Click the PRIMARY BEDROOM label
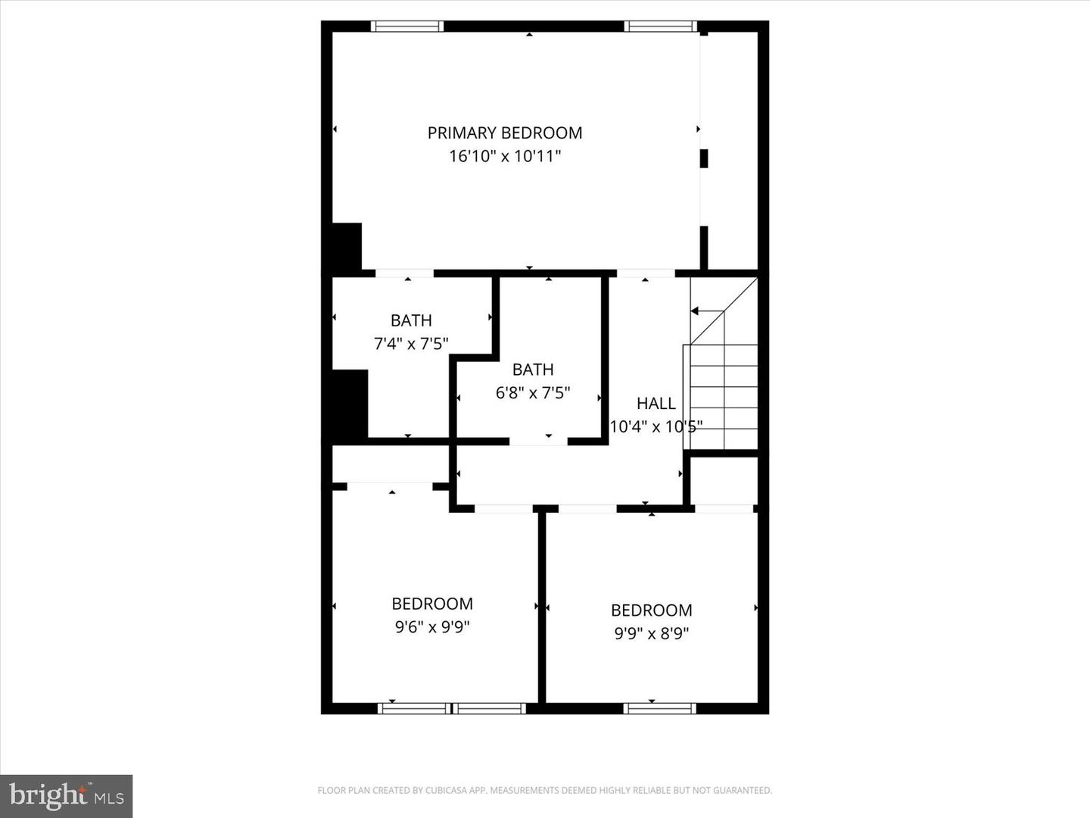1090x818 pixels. point(505,133)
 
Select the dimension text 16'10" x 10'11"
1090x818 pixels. point(505,157)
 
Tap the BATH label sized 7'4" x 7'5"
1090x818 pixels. point(411,320)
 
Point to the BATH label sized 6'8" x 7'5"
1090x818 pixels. point(533,370)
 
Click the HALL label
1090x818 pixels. point(656,404)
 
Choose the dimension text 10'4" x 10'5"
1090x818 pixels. point(656,426)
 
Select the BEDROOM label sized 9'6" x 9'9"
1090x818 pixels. point(432,604)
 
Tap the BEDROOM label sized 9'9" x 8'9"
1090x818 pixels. point(651,610)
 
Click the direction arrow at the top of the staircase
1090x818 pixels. point(696,311)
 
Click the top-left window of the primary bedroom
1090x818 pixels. point(406,27)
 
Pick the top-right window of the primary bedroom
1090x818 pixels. point(660,27)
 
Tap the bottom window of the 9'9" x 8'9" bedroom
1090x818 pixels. point(659,709)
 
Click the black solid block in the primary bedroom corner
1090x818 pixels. point(347,246)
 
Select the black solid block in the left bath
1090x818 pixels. point(350,404)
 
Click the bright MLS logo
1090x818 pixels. point(67,796)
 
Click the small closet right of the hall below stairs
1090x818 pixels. point(724,480)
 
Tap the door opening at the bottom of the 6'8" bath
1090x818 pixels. point(538,442)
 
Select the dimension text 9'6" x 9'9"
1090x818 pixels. point(432,627)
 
